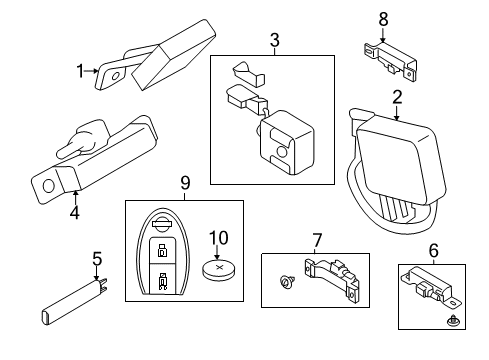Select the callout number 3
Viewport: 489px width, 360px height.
(x=273, y=41)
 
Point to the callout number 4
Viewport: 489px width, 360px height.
(x=73, y=213)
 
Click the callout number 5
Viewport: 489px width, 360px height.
(x=96, y=260)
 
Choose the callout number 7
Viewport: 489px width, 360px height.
(x=316, y=240)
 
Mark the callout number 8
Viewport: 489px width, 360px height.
(x=382, y=17)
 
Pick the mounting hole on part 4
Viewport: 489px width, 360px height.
(x=47, y=183)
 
